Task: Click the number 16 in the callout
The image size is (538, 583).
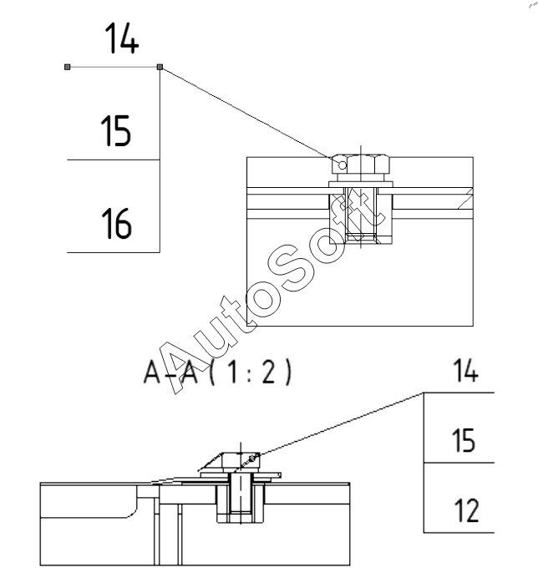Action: coord(116,223)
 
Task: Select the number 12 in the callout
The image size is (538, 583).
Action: coord(466,510)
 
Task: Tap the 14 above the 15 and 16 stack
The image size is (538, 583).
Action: coord(122,38)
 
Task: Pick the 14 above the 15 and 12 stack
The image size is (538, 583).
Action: coord(465,370)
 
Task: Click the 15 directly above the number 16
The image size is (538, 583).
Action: coord(116,130)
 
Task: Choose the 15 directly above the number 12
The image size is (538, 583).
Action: coord(464,440)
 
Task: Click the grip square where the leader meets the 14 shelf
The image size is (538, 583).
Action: coord(160,67)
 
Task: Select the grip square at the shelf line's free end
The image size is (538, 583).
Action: coord(68,67)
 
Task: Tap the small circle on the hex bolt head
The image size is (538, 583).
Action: coord(343,165)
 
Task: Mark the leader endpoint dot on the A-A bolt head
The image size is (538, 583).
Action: coord(252,458)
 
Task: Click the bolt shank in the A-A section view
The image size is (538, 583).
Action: coord(241,493)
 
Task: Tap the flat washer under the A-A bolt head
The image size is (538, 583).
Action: coord(241,475)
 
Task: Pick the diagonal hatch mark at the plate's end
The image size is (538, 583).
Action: coord(465,198)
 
